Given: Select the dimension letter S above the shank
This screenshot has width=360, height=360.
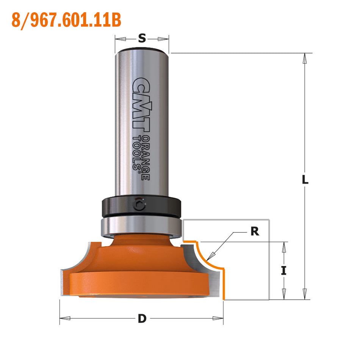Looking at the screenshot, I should [x=142, y=38].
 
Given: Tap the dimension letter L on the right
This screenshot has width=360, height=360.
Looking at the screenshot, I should [x=305, y=180].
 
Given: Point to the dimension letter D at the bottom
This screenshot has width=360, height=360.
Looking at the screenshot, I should [x=142, y=319].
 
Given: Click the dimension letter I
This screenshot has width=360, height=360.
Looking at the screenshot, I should [x=283, y=271].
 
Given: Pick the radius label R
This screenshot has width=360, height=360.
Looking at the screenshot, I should [x=255, y=232].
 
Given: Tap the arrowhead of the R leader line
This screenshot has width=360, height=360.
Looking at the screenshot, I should [x=209, y=257].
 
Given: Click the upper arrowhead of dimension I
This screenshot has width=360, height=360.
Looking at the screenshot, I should [x=283, y=247].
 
